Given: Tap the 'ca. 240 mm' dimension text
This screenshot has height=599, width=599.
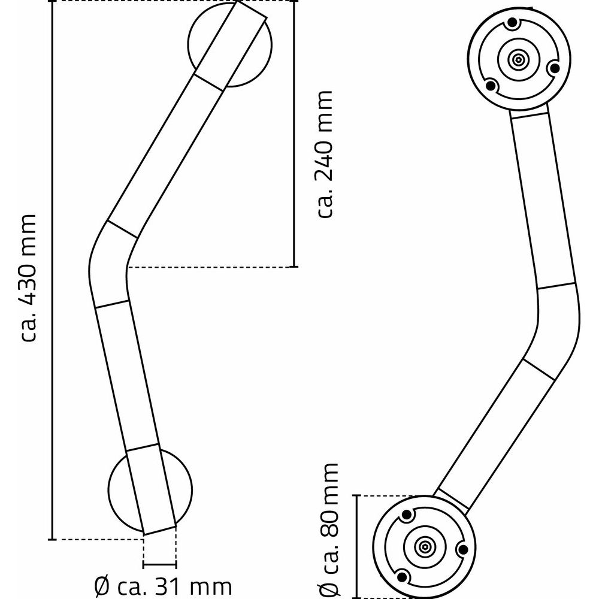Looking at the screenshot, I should [324, 154].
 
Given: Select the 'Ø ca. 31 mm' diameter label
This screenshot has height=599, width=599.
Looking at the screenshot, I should [163, 585].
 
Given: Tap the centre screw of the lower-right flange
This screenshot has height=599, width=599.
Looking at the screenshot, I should [424, 546].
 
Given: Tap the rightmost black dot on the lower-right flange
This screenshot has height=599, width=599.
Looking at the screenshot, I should [463, 549].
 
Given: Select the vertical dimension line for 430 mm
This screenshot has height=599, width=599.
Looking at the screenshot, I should [53, 270].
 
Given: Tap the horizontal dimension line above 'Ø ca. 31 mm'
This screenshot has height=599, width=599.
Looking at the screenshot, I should [160, 565].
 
